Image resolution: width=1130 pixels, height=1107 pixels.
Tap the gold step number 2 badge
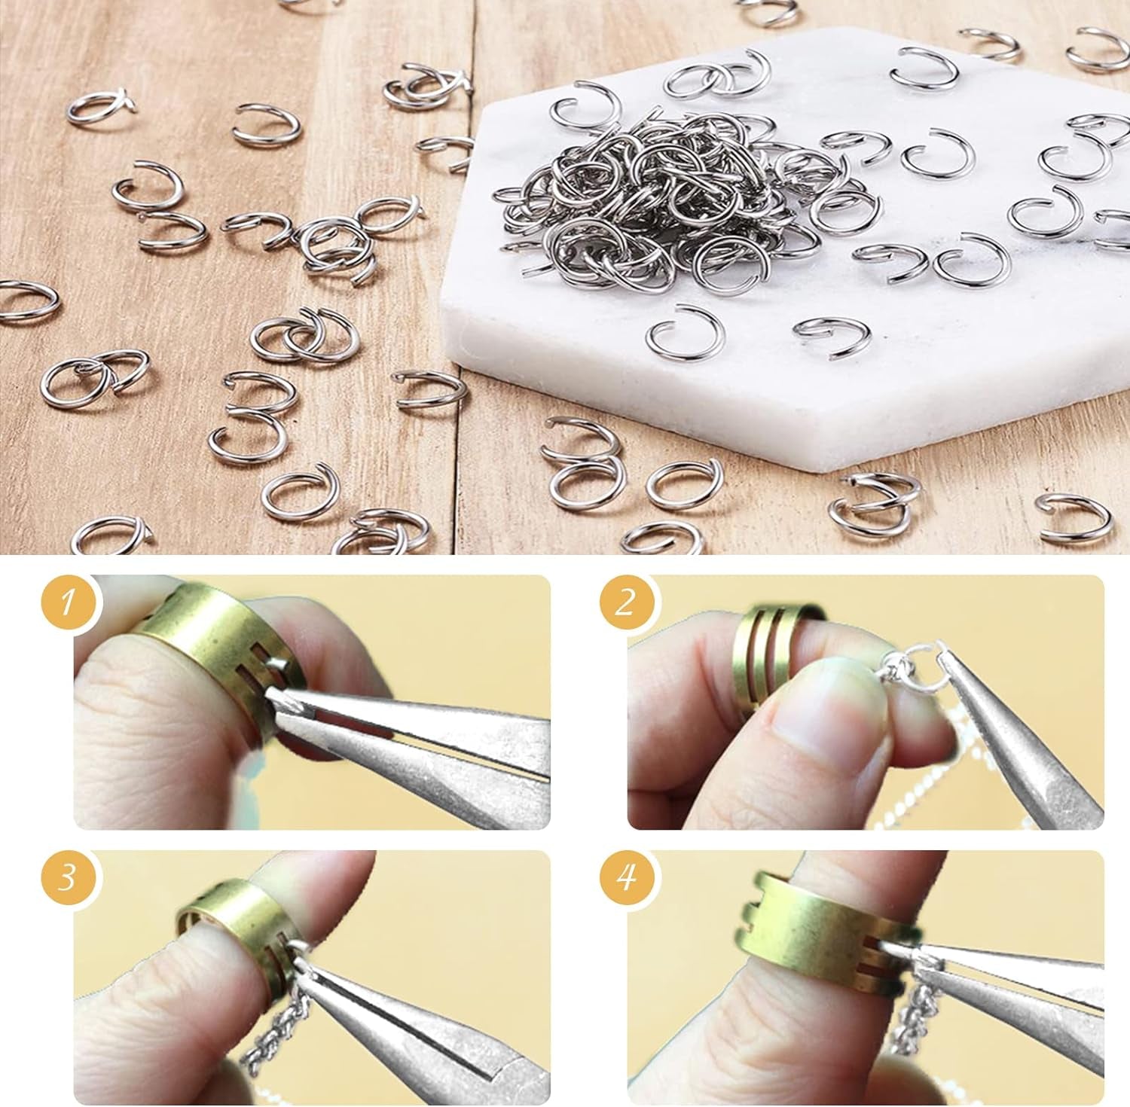(625, 603)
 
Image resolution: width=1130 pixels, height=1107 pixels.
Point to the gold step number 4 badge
(625, 877)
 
